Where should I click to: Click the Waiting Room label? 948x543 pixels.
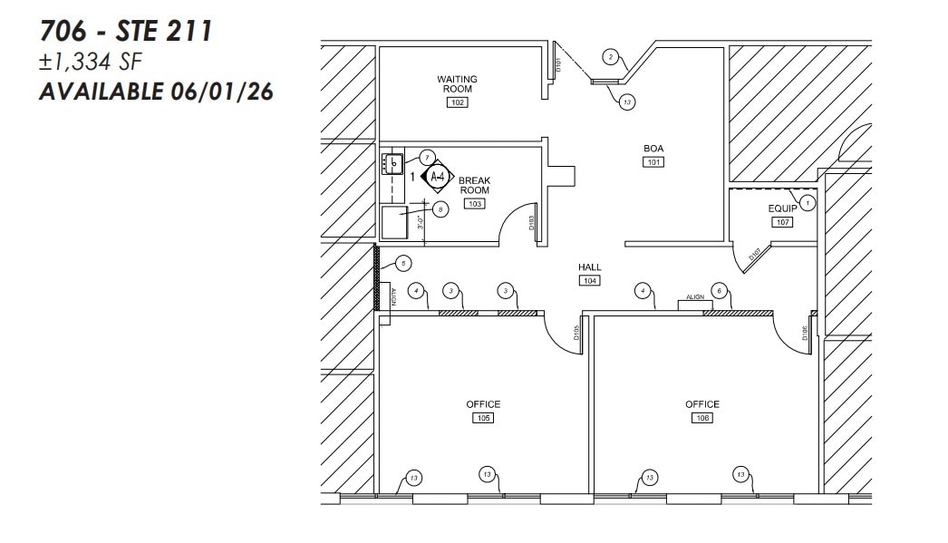click(458, 84)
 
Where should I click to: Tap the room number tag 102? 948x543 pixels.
click(458, 102)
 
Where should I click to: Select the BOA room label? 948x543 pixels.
click(653, 148)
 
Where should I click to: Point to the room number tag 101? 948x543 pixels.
click(653, 162)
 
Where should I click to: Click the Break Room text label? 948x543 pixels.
click(474, 186)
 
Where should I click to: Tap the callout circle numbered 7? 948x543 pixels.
click(427, 157)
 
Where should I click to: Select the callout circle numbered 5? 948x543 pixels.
click(403, 264)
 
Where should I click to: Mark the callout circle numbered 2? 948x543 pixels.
click(611, 57)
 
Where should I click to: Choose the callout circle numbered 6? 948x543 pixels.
click(720, 290)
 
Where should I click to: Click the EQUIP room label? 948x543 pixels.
click(782, 208)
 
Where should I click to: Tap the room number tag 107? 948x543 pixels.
click(782, 222)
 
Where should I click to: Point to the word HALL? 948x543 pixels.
click(590, 267)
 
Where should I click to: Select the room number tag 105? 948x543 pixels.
click(483, 418)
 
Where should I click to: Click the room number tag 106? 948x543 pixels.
click(702, 418)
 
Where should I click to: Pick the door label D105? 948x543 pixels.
click(576, 334)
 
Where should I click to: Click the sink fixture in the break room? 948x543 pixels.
click(392, 165)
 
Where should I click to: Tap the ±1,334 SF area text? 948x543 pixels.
click(91, 61)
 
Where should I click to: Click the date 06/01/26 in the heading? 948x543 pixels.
click(221, 92)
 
